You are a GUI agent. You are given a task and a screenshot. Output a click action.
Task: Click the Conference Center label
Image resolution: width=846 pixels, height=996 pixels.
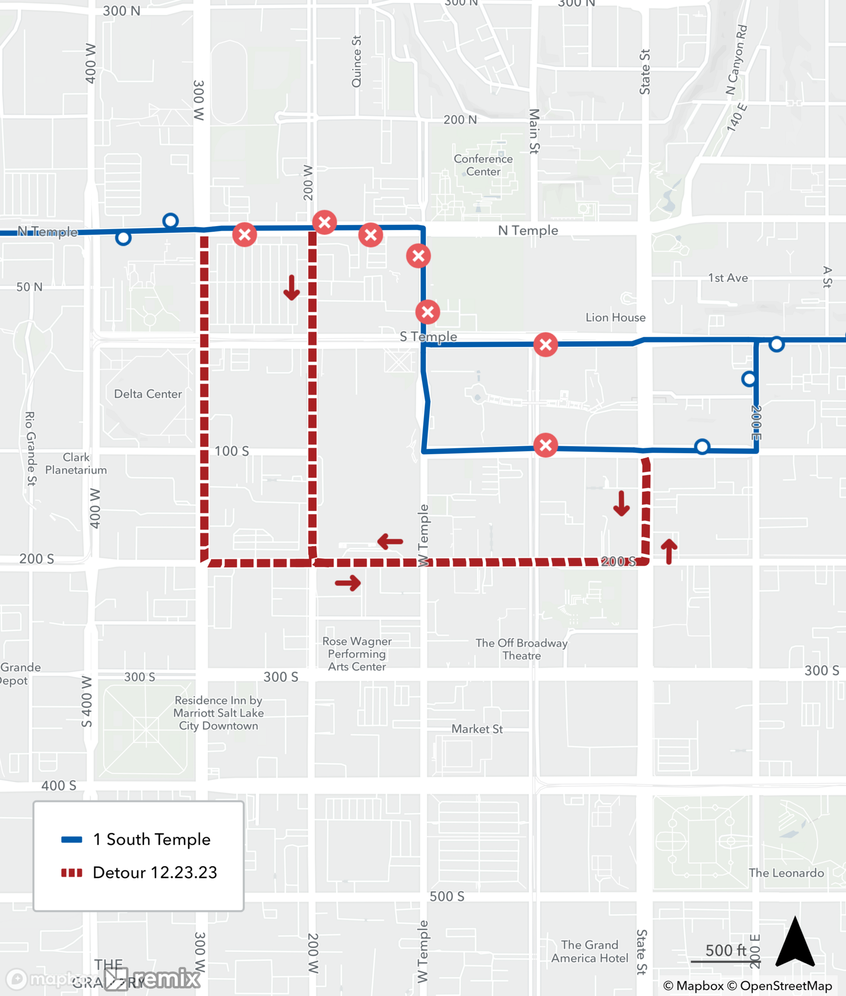click(x=483, y=165)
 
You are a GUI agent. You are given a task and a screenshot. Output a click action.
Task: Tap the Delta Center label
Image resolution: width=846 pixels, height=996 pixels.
click(x=148, y=394)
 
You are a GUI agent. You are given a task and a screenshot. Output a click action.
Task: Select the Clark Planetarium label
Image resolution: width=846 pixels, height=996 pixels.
click(x=76, y=464)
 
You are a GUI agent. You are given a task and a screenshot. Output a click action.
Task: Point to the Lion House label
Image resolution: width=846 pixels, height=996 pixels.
click(x=615, y=317)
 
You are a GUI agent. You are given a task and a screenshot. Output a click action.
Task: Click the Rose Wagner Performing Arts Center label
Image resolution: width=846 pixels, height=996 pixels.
click(x=357, y=654)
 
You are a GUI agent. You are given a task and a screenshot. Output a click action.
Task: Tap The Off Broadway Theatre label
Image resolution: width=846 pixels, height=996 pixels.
click(x=522, y=649)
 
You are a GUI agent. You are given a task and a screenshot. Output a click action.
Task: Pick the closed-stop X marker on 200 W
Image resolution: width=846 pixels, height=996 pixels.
click(x=324, y=222)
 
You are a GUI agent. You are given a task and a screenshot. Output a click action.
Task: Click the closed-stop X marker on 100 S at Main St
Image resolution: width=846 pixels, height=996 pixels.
click(x=545, y=445)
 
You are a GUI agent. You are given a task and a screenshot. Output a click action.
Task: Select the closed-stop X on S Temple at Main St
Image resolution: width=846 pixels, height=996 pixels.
click(x=545, y=345)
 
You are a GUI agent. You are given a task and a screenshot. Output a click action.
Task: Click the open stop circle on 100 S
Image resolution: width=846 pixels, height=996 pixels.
click(x=702, y=447)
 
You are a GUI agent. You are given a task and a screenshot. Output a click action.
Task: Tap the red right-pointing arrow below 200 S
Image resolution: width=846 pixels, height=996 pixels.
click(x=348, y=583)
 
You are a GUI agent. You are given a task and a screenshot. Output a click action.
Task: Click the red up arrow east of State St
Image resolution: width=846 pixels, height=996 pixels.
click(x=669, y=551)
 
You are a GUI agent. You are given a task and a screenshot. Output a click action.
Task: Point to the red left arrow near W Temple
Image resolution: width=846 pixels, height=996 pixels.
click(x=390, y=541)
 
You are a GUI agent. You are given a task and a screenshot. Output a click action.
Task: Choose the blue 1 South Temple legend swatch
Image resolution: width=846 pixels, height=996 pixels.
click(x=71, y=840)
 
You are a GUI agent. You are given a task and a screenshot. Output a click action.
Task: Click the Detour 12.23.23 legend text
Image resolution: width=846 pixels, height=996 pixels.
click(x=155, y=872)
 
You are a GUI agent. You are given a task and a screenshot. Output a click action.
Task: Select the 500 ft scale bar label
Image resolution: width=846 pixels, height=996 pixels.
click(x=726, y=950)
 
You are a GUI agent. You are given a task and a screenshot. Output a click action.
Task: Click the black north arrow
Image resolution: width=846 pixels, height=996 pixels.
click(x=795, y=943)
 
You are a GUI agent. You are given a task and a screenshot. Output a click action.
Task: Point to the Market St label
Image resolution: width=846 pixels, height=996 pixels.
click(x=477, y=729)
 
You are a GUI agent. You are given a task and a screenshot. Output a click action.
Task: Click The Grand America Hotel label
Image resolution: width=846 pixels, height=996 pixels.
click(x=589, y=951)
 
